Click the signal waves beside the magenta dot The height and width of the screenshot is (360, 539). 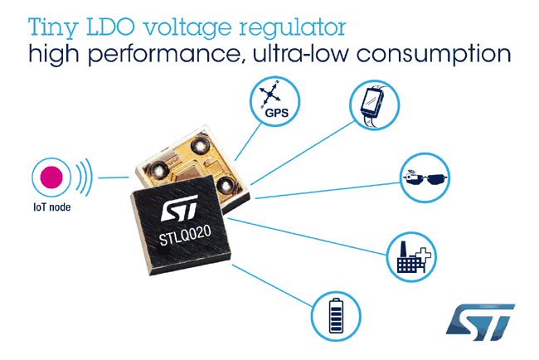click(83, 177)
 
